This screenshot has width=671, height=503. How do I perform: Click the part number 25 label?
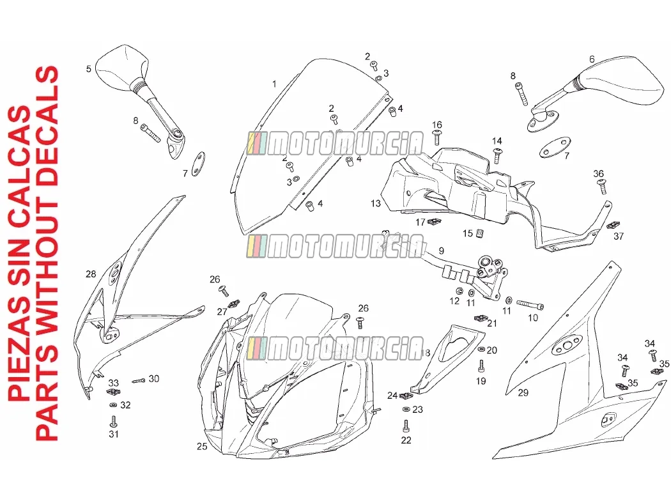click(x=202, y=447)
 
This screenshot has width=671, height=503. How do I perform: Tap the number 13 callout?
click(x=376, y=203)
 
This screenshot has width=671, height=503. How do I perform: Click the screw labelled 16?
click(x=438, y=138)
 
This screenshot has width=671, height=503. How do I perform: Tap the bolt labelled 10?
click(x=530, y=305)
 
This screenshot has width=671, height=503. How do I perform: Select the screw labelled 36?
click(x=602, y=187)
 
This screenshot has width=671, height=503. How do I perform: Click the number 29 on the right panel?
click(x=523, y=392)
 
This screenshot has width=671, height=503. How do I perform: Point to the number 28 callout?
click(x=91, y=274)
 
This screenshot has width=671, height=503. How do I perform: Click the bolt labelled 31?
click(x=113, y=421)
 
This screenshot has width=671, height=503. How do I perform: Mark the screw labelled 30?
click(x=139, y=380)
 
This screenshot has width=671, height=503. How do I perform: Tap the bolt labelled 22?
click(x=406, y=426)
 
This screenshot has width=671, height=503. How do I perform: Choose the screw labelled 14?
click(x=497, y=156)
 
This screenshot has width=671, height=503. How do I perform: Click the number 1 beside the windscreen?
click(x=274, y=84)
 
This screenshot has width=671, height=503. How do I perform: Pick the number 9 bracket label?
click(x=441, y=251)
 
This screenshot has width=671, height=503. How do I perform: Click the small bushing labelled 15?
click(x=480, y=233)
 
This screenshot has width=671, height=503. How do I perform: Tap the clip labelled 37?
click(x=613, y=225)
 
